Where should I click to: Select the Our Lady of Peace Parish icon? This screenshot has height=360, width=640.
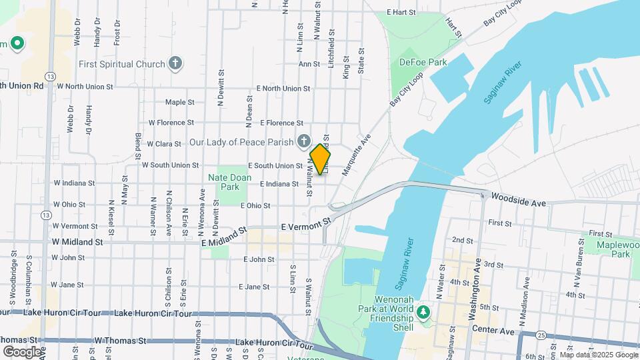[303, 141]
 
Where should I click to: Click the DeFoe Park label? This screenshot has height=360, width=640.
[423, 62]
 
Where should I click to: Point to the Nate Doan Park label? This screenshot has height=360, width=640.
[223, 182]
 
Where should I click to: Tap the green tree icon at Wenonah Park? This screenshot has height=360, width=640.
[422, 311]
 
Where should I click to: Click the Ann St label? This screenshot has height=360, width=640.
[309, 64]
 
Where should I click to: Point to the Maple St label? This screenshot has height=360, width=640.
[179, 103]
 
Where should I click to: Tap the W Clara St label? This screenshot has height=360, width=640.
[164, 143]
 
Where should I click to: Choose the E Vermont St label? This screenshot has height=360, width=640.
[306, 224]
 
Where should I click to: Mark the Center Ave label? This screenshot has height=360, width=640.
[493, 330]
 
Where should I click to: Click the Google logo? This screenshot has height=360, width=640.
[21, 351]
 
